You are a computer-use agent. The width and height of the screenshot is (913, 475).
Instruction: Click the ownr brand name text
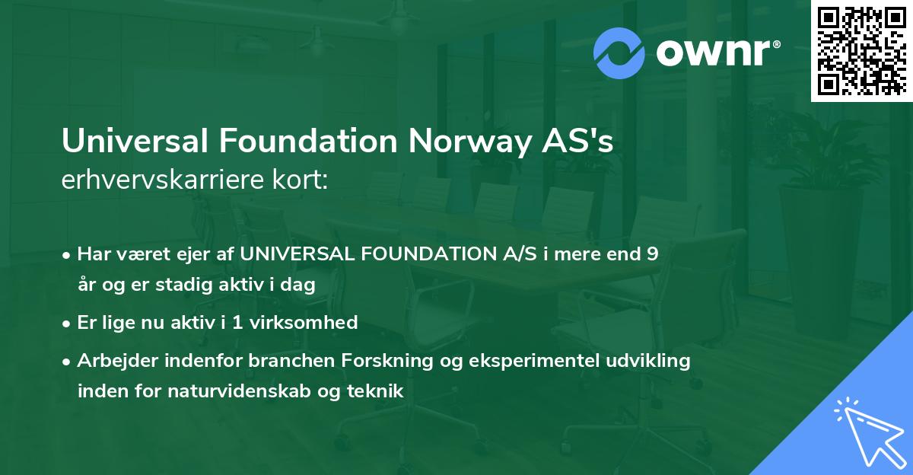point(716,53)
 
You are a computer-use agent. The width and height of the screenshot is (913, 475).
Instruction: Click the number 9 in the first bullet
point(651,254)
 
